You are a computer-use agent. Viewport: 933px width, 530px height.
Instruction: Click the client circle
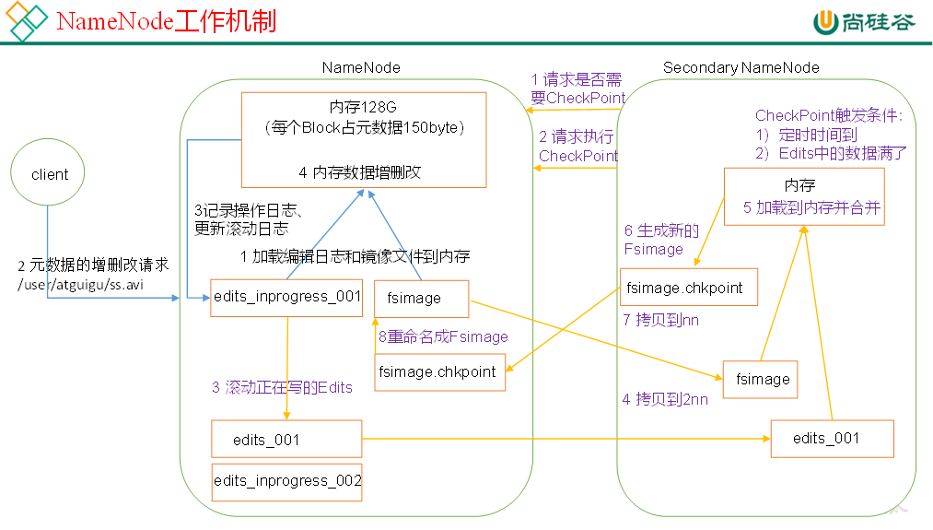click(49, 174)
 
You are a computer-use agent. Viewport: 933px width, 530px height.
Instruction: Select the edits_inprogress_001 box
click(286, 297)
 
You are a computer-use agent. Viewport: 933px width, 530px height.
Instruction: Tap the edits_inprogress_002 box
click(286, 480)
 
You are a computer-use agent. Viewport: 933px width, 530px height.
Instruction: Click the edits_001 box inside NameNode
click(286, 439)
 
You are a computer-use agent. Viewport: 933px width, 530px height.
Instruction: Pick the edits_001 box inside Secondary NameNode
click(832, 438)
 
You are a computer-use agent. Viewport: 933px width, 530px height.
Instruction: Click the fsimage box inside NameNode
click(421, 298)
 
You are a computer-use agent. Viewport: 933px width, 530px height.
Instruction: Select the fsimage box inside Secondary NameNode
click(761, 379)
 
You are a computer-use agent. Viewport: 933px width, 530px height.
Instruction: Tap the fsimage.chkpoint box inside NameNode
click(440, 372)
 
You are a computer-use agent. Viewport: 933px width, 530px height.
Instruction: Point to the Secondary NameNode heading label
click(741, 67)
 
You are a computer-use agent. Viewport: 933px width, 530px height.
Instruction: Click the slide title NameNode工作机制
click(166, 21)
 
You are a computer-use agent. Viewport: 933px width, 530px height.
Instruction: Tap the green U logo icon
click(824, 22)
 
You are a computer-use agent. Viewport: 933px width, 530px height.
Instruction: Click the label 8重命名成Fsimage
click(443, 336)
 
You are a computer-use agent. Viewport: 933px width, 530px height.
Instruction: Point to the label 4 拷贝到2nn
click(665, 398)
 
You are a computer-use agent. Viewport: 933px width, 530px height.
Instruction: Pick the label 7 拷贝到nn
click(662, 320)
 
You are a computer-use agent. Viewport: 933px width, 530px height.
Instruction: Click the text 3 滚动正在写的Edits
click(282, 387)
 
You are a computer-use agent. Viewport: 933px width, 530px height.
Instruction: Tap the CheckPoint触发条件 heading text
click(828, 115)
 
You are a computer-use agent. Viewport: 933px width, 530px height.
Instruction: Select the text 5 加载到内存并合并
click(812, 207)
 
